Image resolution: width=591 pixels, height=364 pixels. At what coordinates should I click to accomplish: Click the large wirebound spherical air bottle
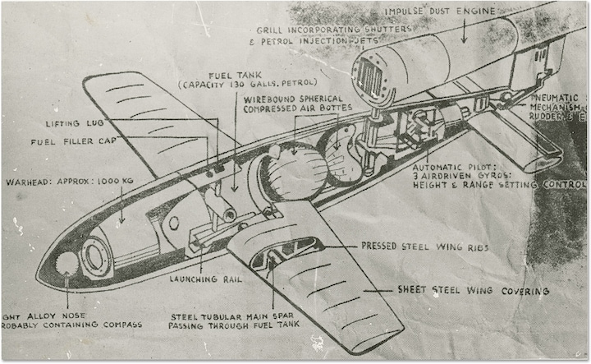(x=294, y=173)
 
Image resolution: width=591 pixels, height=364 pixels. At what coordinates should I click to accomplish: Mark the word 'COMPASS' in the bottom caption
(x=119, y=325)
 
